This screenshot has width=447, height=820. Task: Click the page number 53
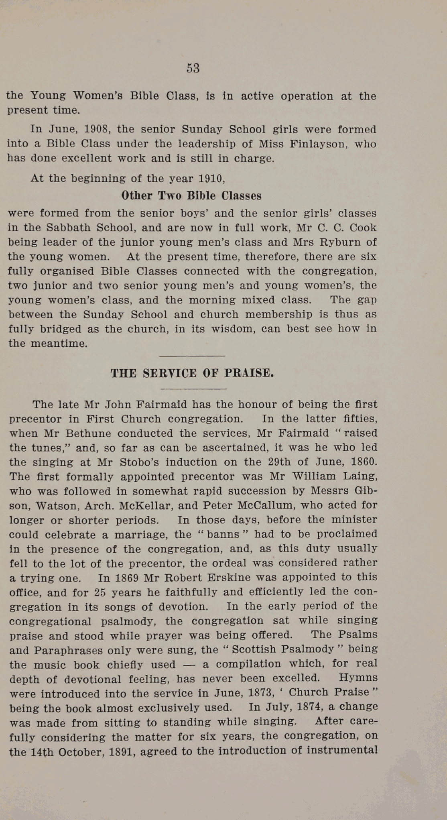click(x=193, y=68)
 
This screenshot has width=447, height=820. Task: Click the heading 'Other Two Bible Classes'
click(x=191, y=196)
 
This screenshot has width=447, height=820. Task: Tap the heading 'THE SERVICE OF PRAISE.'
click(x=192, y=373)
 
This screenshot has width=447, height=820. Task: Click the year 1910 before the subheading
click(x=212, y=178)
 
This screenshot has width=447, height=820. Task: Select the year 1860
click(x=364, y=462)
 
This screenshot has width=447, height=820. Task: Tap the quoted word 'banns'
click(x=223, y=534)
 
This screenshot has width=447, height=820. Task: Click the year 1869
click(x=127, y=578)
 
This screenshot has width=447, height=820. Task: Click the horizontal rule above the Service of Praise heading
click(x=192, y=356)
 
